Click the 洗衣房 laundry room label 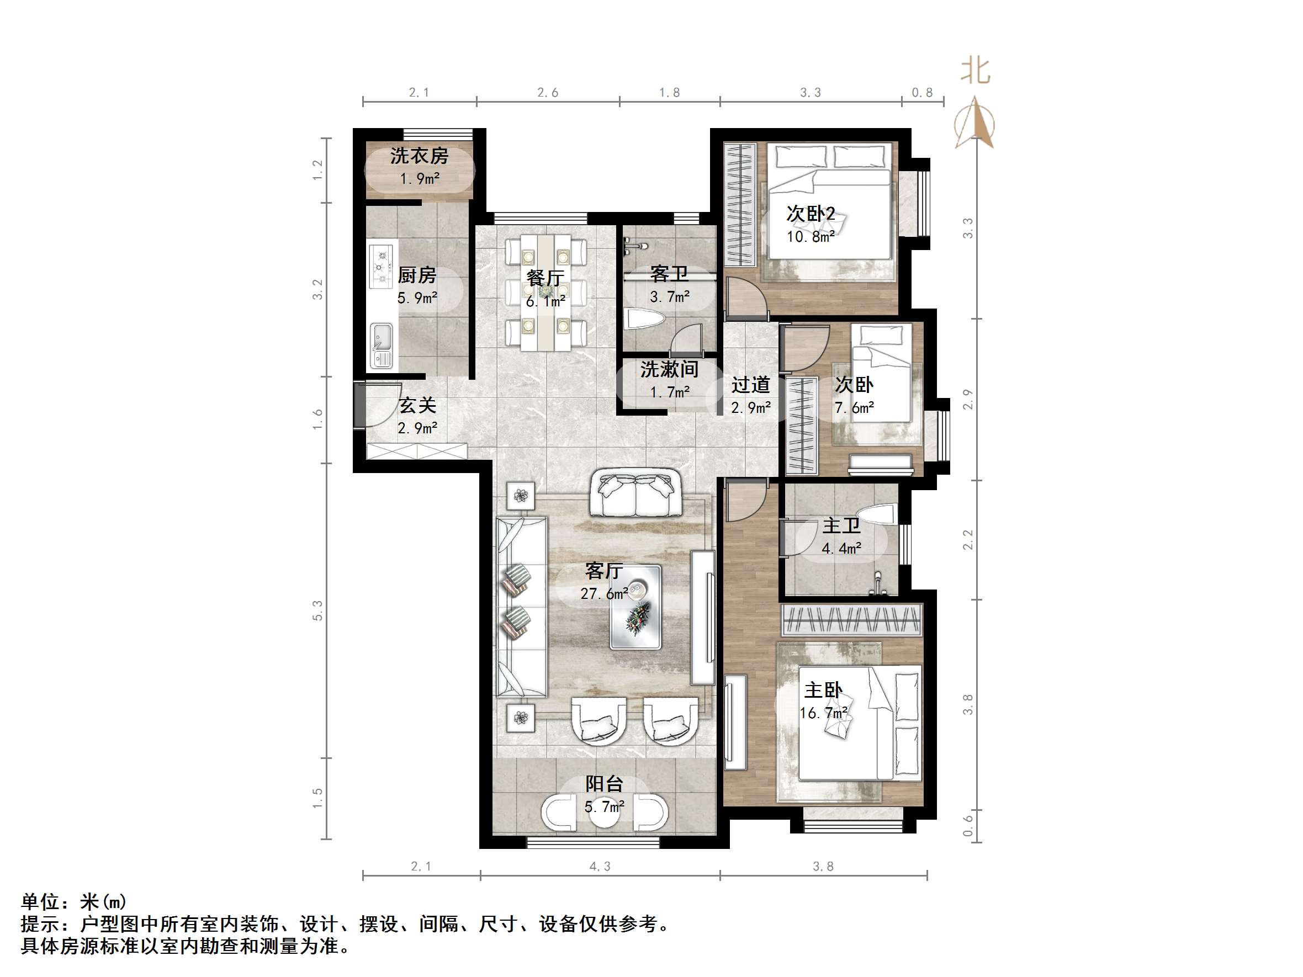click(419, 156)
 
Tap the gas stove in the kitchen click(382, 266)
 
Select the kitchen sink click(381, 345)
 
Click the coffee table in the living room click(635, 607)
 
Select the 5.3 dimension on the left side click(318, 610)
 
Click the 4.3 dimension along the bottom click(600, 866)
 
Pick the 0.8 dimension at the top click(922, 93)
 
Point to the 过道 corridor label click(750, 385)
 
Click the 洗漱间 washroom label click(669, 370)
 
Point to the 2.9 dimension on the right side click(968, 400)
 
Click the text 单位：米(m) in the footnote click(73, 901)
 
